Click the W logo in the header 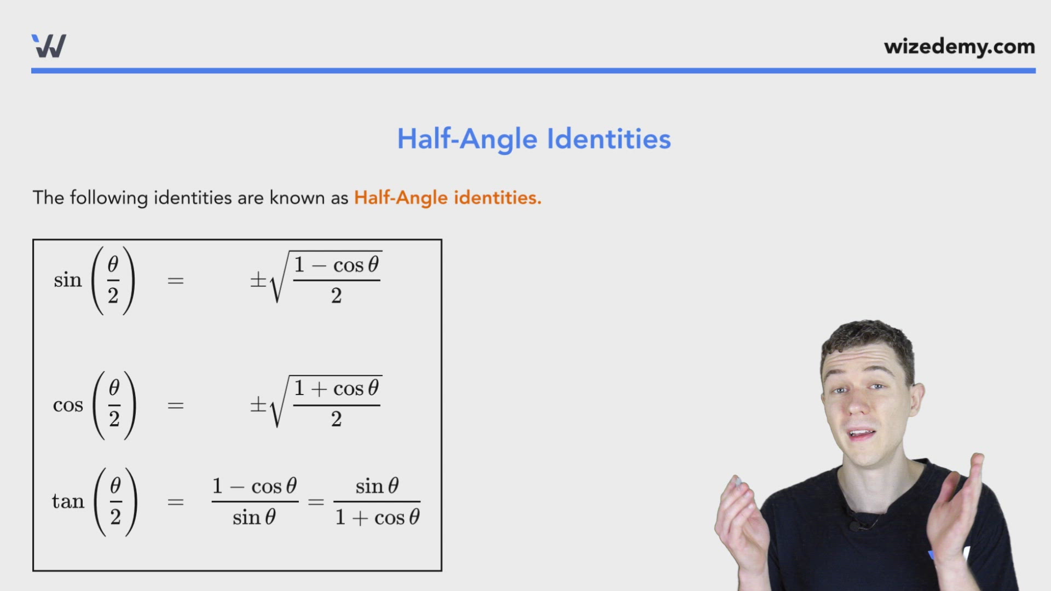tap(49, 46)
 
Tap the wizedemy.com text tap(959, 47)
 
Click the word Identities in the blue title tap(609, 139)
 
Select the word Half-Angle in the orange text tap(400, 198)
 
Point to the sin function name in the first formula tap(67, 280)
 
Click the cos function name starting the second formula tap(68, 405)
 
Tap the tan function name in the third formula tap(68, 501)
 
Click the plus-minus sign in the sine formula tap(258, 280)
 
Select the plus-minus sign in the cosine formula tap(258, 405)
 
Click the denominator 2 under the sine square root tap(336, 296)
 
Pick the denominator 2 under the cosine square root tap(336, 420)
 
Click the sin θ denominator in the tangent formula tap(254, 517)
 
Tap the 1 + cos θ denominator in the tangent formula tap(377, 517)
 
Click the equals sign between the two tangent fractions tap(316, 501)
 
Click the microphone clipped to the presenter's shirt tap(854, 526)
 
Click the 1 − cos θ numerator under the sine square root tap(336, 265)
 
